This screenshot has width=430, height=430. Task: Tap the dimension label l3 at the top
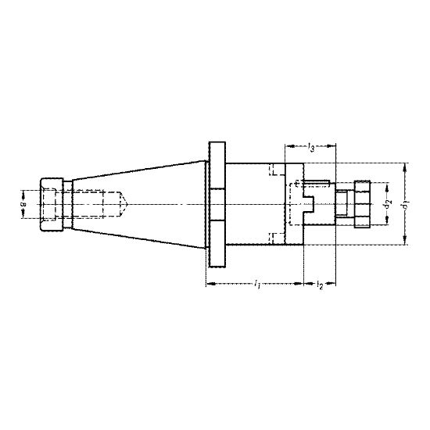click(312, 147)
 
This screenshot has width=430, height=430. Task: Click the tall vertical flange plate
click(217, 204)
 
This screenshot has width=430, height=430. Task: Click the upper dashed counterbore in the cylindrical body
click(276, 170)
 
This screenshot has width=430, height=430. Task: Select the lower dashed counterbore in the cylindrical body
click(276, 238)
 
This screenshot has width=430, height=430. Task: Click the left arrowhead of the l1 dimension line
click(208, 283)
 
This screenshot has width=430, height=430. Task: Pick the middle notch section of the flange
click(217, 204)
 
